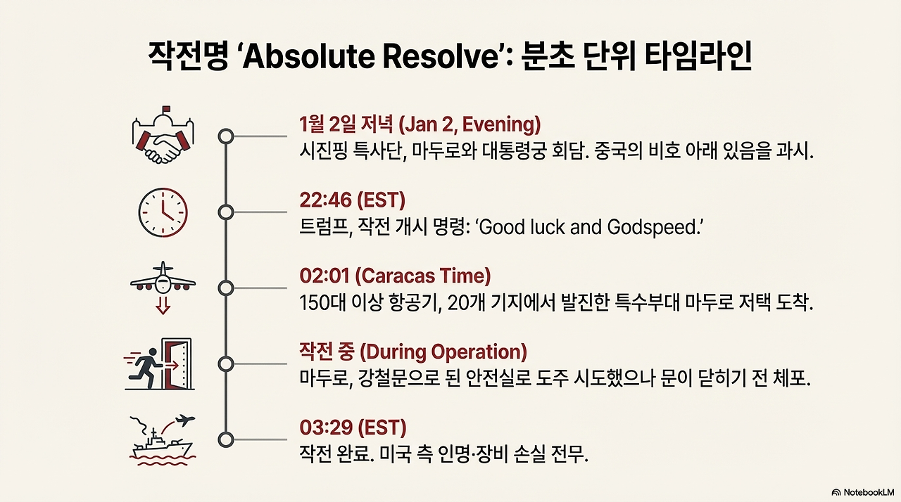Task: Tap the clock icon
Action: click(163, 212)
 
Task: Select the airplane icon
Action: click(163, 279)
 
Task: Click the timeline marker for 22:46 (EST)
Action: click(225, 212)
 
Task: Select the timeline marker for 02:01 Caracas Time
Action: click(225, 288)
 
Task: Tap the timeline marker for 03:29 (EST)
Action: click(225, 439)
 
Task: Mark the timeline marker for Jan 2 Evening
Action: click(225, 136)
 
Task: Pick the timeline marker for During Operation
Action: click(225, 363)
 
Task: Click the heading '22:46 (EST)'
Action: click(352, 200)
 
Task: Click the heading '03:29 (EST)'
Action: click(353, 427)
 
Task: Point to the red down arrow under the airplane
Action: click(163, 306)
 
